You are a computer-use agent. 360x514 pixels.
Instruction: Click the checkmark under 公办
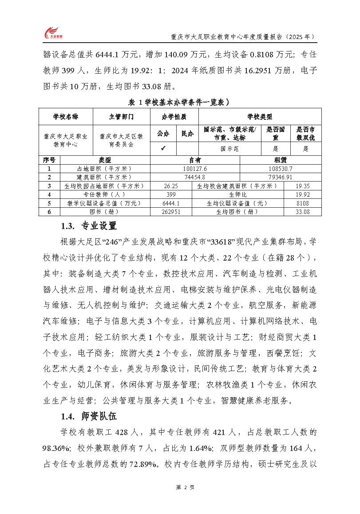(x=163, y=149)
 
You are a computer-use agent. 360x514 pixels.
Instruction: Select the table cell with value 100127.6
(x=195, y=169)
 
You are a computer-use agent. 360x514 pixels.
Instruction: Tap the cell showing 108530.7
(x=281, y=169)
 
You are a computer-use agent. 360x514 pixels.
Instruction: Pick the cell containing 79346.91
(x=281, y=177)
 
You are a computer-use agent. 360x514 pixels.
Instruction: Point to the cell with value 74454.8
(x=195, y=177)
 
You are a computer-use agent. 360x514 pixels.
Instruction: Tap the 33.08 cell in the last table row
(x=303, y=212)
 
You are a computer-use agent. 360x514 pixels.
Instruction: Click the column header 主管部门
(x=121, y=117)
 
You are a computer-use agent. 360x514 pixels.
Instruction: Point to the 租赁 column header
(x=281, y=160)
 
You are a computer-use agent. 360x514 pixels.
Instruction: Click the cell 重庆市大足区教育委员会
(x=121, y=141)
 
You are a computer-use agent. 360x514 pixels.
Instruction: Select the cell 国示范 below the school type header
(x=230, y=149)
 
